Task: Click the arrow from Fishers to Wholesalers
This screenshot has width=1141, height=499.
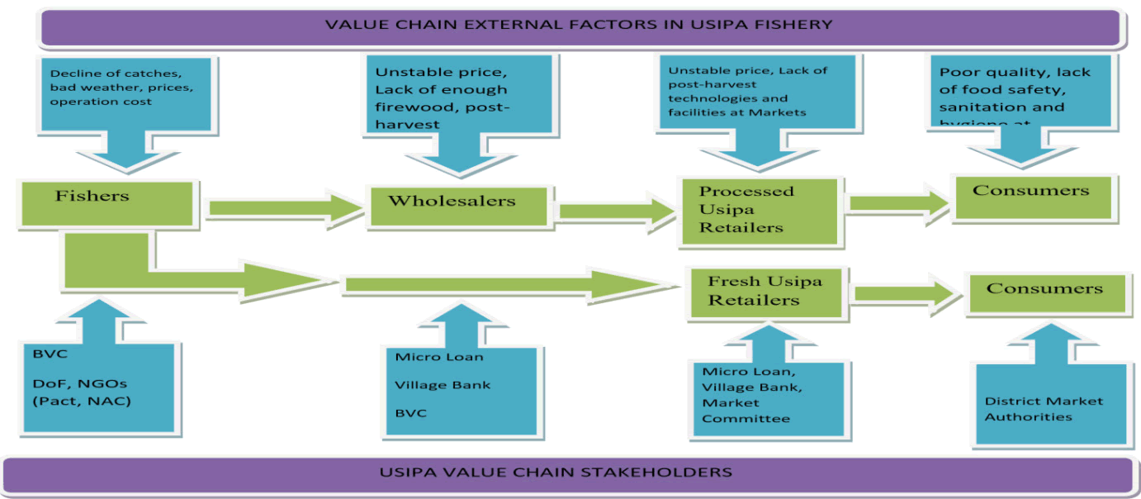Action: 285,207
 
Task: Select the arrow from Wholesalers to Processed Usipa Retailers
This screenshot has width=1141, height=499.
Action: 615,211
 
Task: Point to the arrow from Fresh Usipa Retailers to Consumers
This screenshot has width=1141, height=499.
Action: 907,293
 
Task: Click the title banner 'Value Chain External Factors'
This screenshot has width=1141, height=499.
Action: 578,25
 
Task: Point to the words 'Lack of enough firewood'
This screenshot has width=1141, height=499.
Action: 441,89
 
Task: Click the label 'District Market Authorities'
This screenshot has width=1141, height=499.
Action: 1044,409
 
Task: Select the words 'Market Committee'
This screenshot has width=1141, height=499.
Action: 746,411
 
